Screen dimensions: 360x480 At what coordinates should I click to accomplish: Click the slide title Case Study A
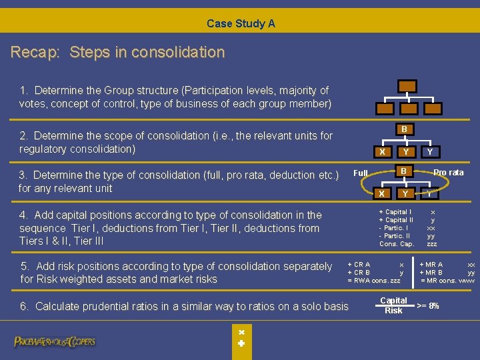pos(241,23)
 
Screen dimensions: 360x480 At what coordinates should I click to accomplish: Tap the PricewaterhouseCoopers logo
pos(55,341)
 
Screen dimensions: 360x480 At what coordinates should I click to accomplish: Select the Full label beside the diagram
pos(361,173)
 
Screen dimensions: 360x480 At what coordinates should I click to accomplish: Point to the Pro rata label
pos(448,173)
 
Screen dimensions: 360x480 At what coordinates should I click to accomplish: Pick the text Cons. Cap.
pos(397,244)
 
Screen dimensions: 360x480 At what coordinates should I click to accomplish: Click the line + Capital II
pos(396,220)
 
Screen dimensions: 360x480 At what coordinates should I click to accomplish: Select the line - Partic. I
pos(393,228)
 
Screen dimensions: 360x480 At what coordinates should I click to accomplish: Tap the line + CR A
pos(359,265)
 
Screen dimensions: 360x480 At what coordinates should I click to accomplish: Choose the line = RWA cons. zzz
pos(374,281)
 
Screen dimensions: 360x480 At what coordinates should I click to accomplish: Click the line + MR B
pos(431,273)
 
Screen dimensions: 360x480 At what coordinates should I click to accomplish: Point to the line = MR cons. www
pos(447,281)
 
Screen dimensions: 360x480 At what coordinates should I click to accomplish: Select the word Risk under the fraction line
pos(393,311)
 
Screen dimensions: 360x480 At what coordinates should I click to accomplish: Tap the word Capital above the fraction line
pos(393,301)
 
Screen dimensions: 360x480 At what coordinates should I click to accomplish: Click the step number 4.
pos(23,215)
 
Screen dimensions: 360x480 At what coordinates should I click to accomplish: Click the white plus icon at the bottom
pos(241,344)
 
